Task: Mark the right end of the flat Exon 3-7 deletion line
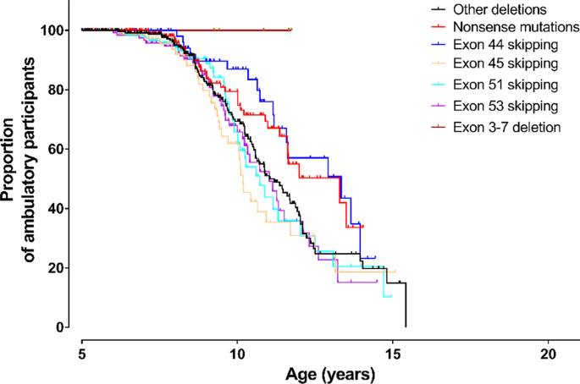pyautogui.click(x=291, y=30)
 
